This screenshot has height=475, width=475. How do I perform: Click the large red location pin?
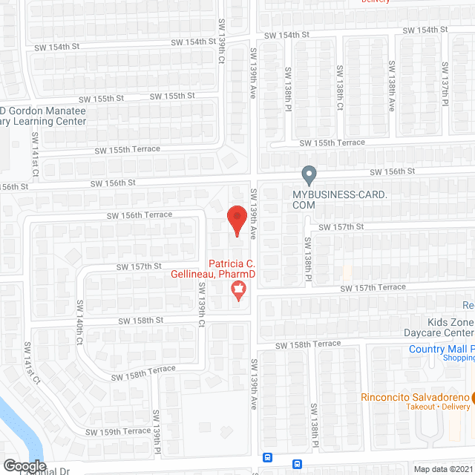pyautogui.click(x=236, y=220)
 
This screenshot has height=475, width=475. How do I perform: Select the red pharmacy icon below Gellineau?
pyautogui.click(x=238, y=290)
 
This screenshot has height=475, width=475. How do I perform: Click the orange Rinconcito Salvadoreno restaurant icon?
pyautogui.click(x=474, y=396)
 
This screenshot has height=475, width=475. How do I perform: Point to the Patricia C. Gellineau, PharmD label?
pyautogui.click(x=232, y=269)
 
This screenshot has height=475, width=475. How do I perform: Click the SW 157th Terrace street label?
pyautogui.click(x=372, y=287)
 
